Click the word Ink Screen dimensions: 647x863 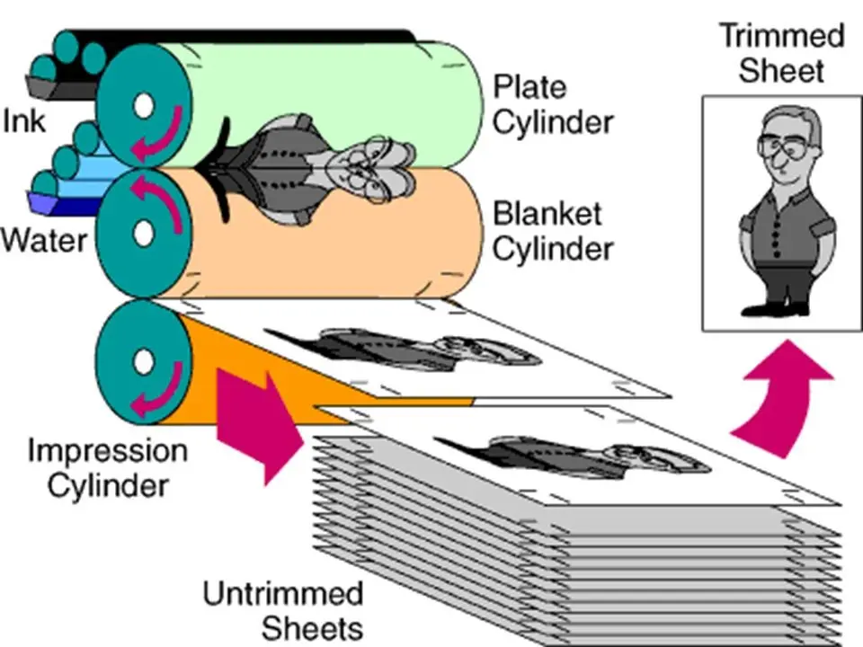[24, 120]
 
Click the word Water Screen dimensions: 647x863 [44, 241]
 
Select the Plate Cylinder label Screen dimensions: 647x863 [553, 104]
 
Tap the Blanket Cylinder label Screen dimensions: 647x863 [553, 231]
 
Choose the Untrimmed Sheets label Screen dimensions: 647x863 [282, 610]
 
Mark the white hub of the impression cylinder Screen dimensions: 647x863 [142, 362]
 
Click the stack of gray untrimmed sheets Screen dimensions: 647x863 [575, 557]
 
